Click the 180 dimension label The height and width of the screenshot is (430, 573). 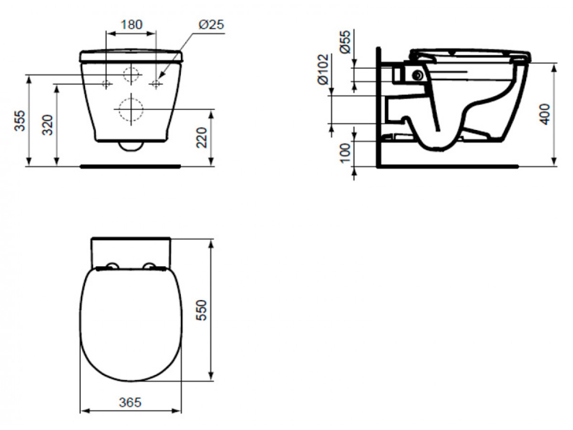(x=132, y=24)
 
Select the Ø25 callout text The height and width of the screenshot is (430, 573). (x=211, y=25)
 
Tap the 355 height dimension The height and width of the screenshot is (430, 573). (x=20, y=120)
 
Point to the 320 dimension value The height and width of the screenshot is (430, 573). (x=47, y=125)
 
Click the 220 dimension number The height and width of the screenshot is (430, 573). (x=202, y=138)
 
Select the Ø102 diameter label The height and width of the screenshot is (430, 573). (x=323, y=69)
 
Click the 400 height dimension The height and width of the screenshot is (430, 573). (x=545, y=114)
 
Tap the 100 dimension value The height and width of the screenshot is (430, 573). (x=345, y=153)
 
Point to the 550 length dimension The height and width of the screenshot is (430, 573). (x=202, y=310)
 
